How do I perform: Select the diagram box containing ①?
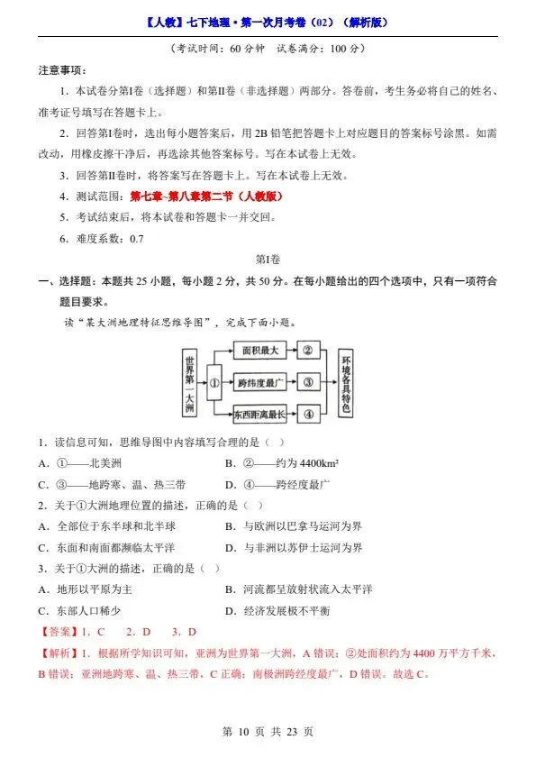point(214,381)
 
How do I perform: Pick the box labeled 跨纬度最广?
point(261,382)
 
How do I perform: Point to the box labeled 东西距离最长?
point(261,416)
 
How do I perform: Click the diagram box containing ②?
point(308,349)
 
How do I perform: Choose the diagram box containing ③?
point(308,382)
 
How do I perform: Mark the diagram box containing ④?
point(308,416)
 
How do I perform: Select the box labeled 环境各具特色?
point(346,382)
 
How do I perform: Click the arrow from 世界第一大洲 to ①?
point(202,381)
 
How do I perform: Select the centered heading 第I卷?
point(268,260)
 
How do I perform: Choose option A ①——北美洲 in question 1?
point(75,462)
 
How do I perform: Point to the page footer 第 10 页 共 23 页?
point(268,733)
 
